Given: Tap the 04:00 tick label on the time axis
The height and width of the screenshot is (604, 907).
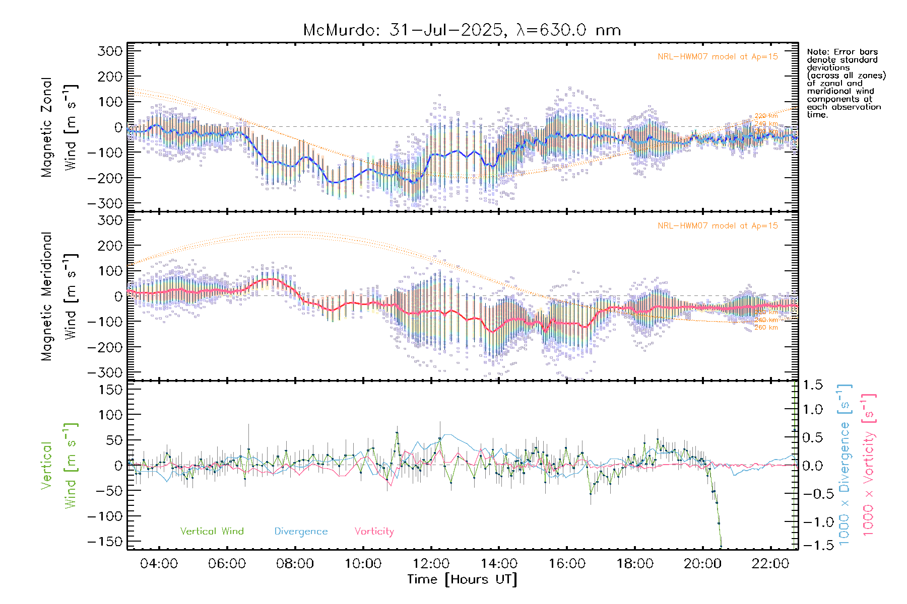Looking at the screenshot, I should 159,564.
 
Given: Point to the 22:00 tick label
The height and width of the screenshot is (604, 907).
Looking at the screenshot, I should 770,564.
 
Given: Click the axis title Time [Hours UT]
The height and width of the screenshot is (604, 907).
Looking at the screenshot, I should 462,579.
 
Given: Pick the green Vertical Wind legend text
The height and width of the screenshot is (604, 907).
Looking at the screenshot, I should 212,532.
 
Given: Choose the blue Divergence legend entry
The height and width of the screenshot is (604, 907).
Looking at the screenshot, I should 301,532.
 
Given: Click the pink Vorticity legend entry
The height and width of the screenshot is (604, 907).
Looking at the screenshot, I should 374,532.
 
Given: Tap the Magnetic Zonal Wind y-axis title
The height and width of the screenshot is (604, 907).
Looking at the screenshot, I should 58,127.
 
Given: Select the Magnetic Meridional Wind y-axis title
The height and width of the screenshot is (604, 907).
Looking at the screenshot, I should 58,296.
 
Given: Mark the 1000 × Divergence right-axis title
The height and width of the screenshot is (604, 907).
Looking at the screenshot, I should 845,466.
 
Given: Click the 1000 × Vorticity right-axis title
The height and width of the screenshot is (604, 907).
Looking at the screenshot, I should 869,466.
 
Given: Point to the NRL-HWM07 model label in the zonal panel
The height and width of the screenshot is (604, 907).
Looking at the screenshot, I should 718,57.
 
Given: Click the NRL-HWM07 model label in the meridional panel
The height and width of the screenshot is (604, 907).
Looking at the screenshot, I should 718,226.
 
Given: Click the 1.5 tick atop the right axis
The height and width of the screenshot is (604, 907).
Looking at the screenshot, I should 813,385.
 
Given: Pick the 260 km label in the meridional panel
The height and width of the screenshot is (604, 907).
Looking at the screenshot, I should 766,328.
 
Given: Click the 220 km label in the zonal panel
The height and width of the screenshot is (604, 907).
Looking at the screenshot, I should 766,116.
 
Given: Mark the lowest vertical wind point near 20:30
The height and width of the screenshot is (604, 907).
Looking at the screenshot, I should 721,546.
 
